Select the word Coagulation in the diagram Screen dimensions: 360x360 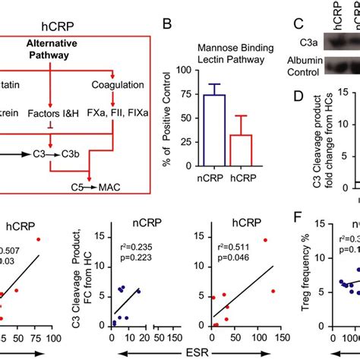coord(112,84)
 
